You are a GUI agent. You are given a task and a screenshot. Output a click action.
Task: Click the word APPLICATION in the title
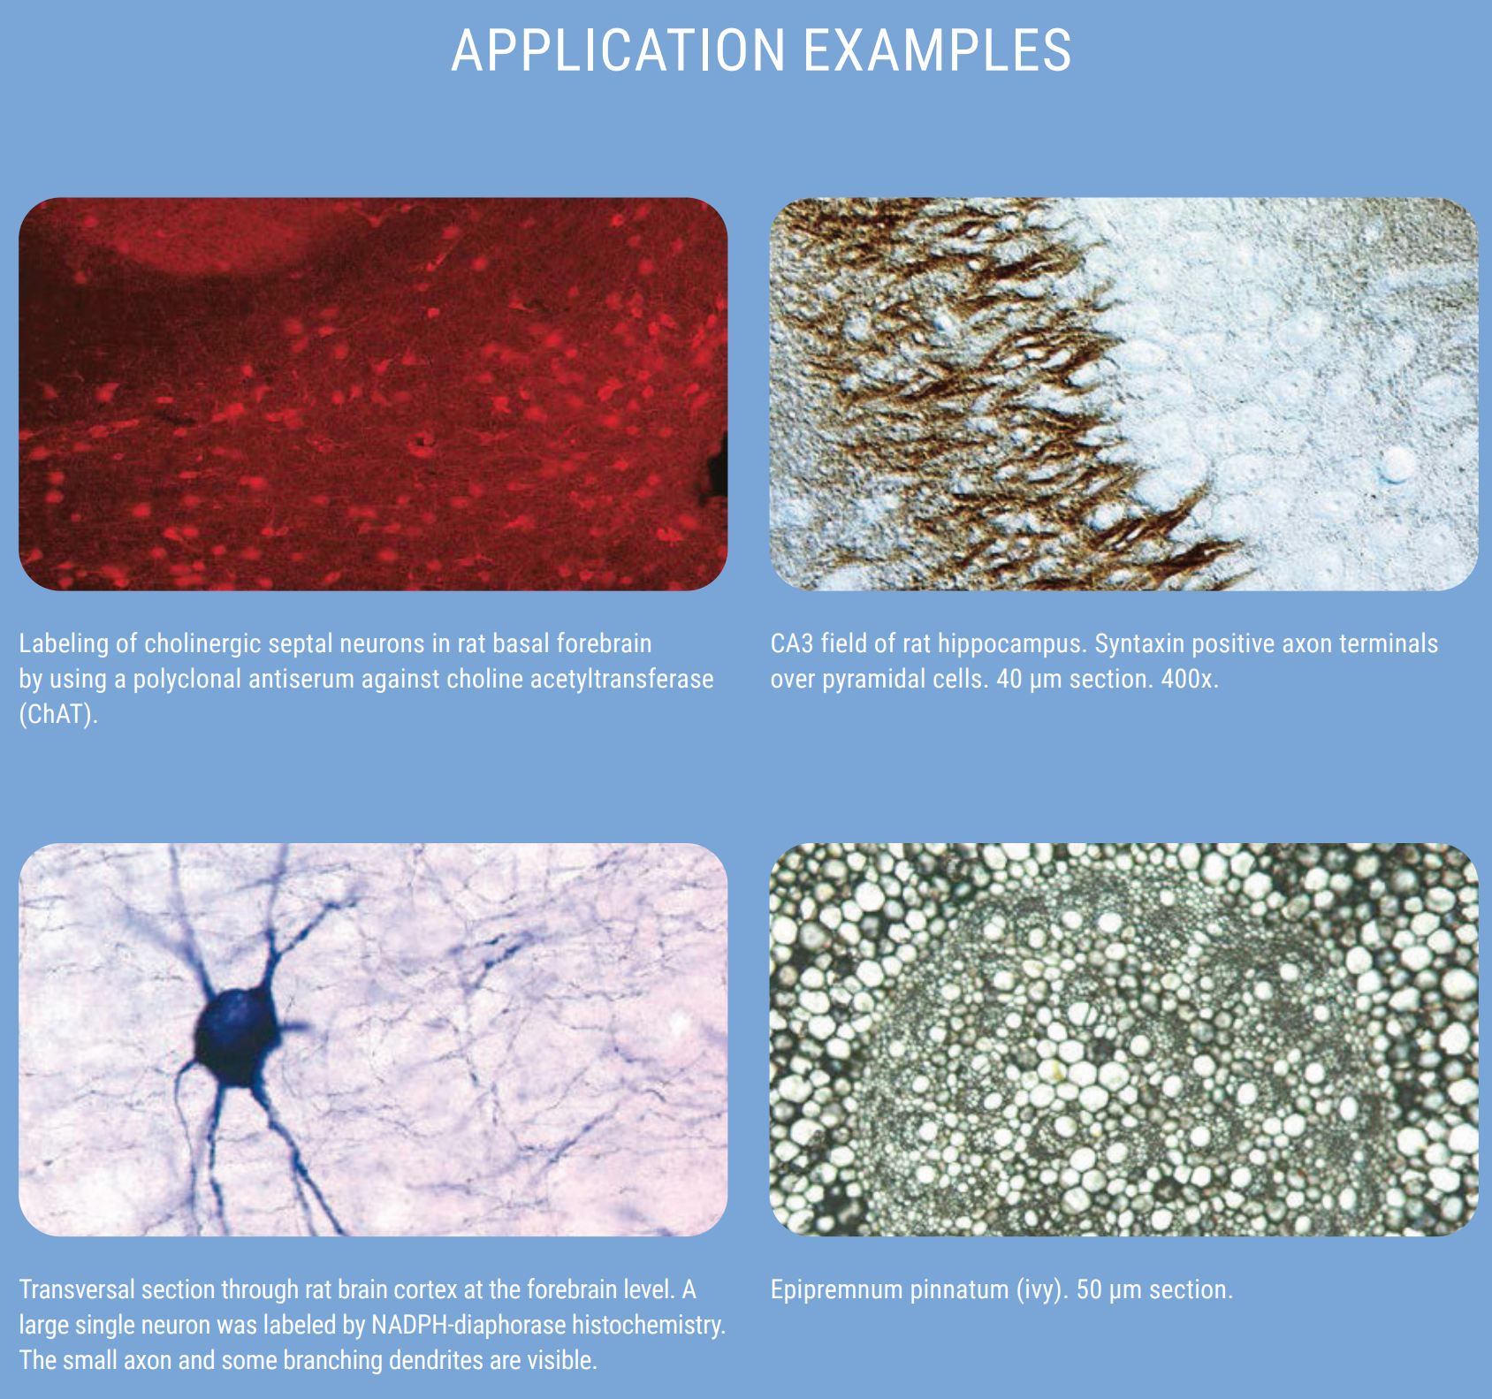[x=618, y=50]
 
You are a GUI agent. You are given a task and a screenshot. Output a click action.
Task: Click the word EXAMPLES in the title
[x=938, y=50]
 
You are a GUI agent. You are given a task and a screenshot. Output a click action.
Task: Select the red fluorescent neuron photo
[x=373, y=394]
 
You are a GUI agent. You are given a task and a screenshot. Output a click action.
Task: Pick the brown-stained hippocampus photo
[x=1124, y=394]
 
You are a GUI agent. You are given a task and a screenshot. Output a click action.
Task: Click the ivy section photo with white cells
[x=1124, y=1039]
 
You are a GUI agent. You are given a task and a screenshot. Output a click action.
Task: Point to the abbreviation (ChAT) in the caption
[x=58, y=714]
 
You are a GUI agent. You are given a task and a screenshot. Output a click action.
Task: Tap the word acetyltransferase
[x=621, y=679]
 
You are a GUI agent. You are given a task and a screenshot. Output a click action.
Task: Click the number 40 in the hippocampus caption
[x=1009, y=679]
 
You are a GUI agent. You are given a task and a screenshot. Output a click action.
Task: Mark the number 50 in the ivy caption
[x=1090, y=1290]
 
